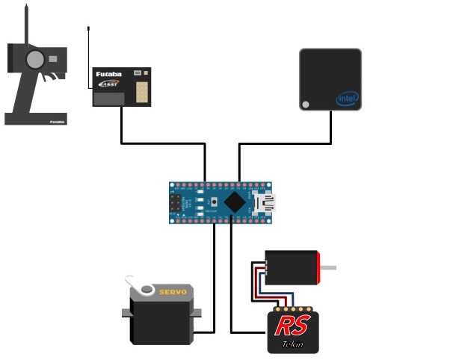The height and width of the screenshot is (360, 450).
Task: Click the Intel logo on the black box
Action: (x=348, y=99)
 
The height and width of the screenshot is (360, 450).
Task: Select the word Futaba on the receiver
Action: (x=109, y=75)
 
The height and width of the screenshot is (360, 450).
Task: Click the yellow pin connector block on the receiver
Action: (x=142, y=91)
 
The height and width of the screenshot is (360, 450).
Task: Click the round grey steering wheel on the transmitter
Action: (x=34, y=59)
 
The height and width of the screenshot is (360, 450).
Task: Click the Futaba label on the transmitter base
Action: (x=57, y=120)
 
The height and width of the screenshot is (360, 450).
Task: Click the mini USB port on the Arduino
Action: (x=265, y=202)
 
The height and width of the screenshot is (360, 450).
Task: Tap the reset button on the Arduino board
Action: (x=215, y=202)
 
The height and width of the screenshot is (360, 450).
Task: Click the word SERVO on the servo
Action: (x=173, y=291)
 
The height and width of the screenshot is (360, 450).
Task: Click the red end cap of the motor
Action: (x=320, y=267)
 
